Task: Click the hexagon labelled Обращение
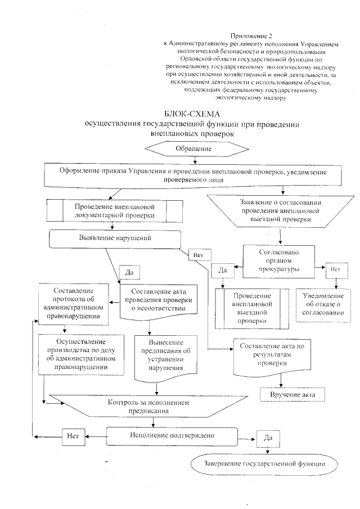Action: coord(196,148)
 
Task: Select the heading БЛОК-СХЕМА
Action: coord(194,114)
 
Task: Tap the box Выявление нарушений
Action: coord(115,238)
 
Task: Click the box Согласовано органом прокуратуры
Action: coord(278,260)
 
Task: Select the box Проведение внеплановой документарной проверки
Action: coord(114,210)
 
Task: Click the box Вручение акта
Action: coord(292,395)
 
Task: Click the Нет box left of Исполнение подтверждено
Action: coord(72,435)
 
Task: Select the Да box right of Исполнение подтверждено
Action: coord(268,437)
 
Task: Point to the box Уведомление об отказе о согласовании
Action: coord(324,305)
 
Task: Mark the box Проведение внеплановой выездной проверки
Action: coord(251,307)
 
